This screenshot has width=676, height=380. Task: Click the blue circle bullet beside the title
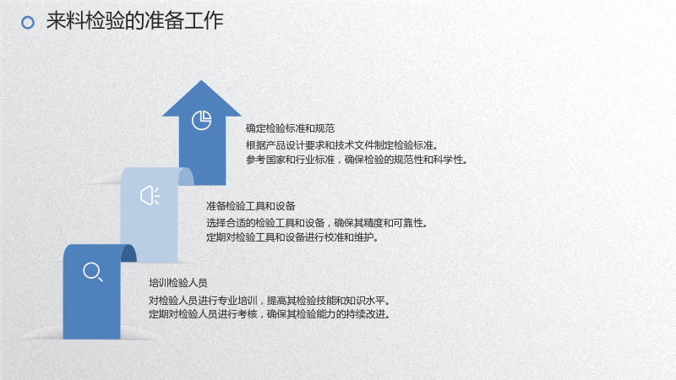28,23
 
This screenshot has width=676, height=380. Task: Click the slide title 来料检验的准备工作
135,20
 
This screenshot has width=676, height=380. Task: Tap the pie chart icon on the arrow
201,120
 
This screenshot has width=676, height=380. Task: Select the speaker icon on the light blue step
150,196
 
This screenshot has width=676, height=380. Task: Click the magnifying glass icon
93,272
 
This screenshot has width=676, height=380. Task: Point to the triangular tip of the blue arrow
201,82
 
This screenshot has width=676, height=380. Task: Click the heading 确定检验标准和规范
290,128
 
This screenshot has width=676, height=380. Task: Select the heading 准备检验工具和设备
250,206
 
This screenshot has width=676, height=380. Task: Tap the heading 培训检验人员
178,283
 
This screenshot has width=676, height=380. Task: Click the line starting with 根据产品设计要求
343,145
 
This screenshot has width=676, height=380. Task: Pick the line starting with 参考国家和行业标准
357,160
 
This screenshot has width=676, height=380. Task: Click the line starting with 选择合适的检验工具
318,223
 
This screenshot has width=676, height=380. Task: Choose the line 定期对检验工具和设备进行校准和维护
292,237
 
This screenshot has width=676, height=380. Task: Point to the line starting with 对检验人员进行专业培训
270,301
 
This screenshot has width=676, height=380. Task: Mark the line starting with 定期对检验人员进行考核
270,314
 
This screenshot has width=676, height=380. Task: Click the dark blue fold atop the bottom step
128,253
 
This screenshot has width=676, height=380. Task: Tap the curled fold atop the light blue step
186,176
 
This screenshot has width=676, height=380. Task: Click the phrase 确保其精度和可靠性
382,223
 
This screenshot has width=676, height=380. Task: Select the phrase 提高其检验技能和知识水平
329,301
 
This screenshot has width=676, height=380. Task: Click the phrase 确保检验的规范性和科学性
406,160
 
